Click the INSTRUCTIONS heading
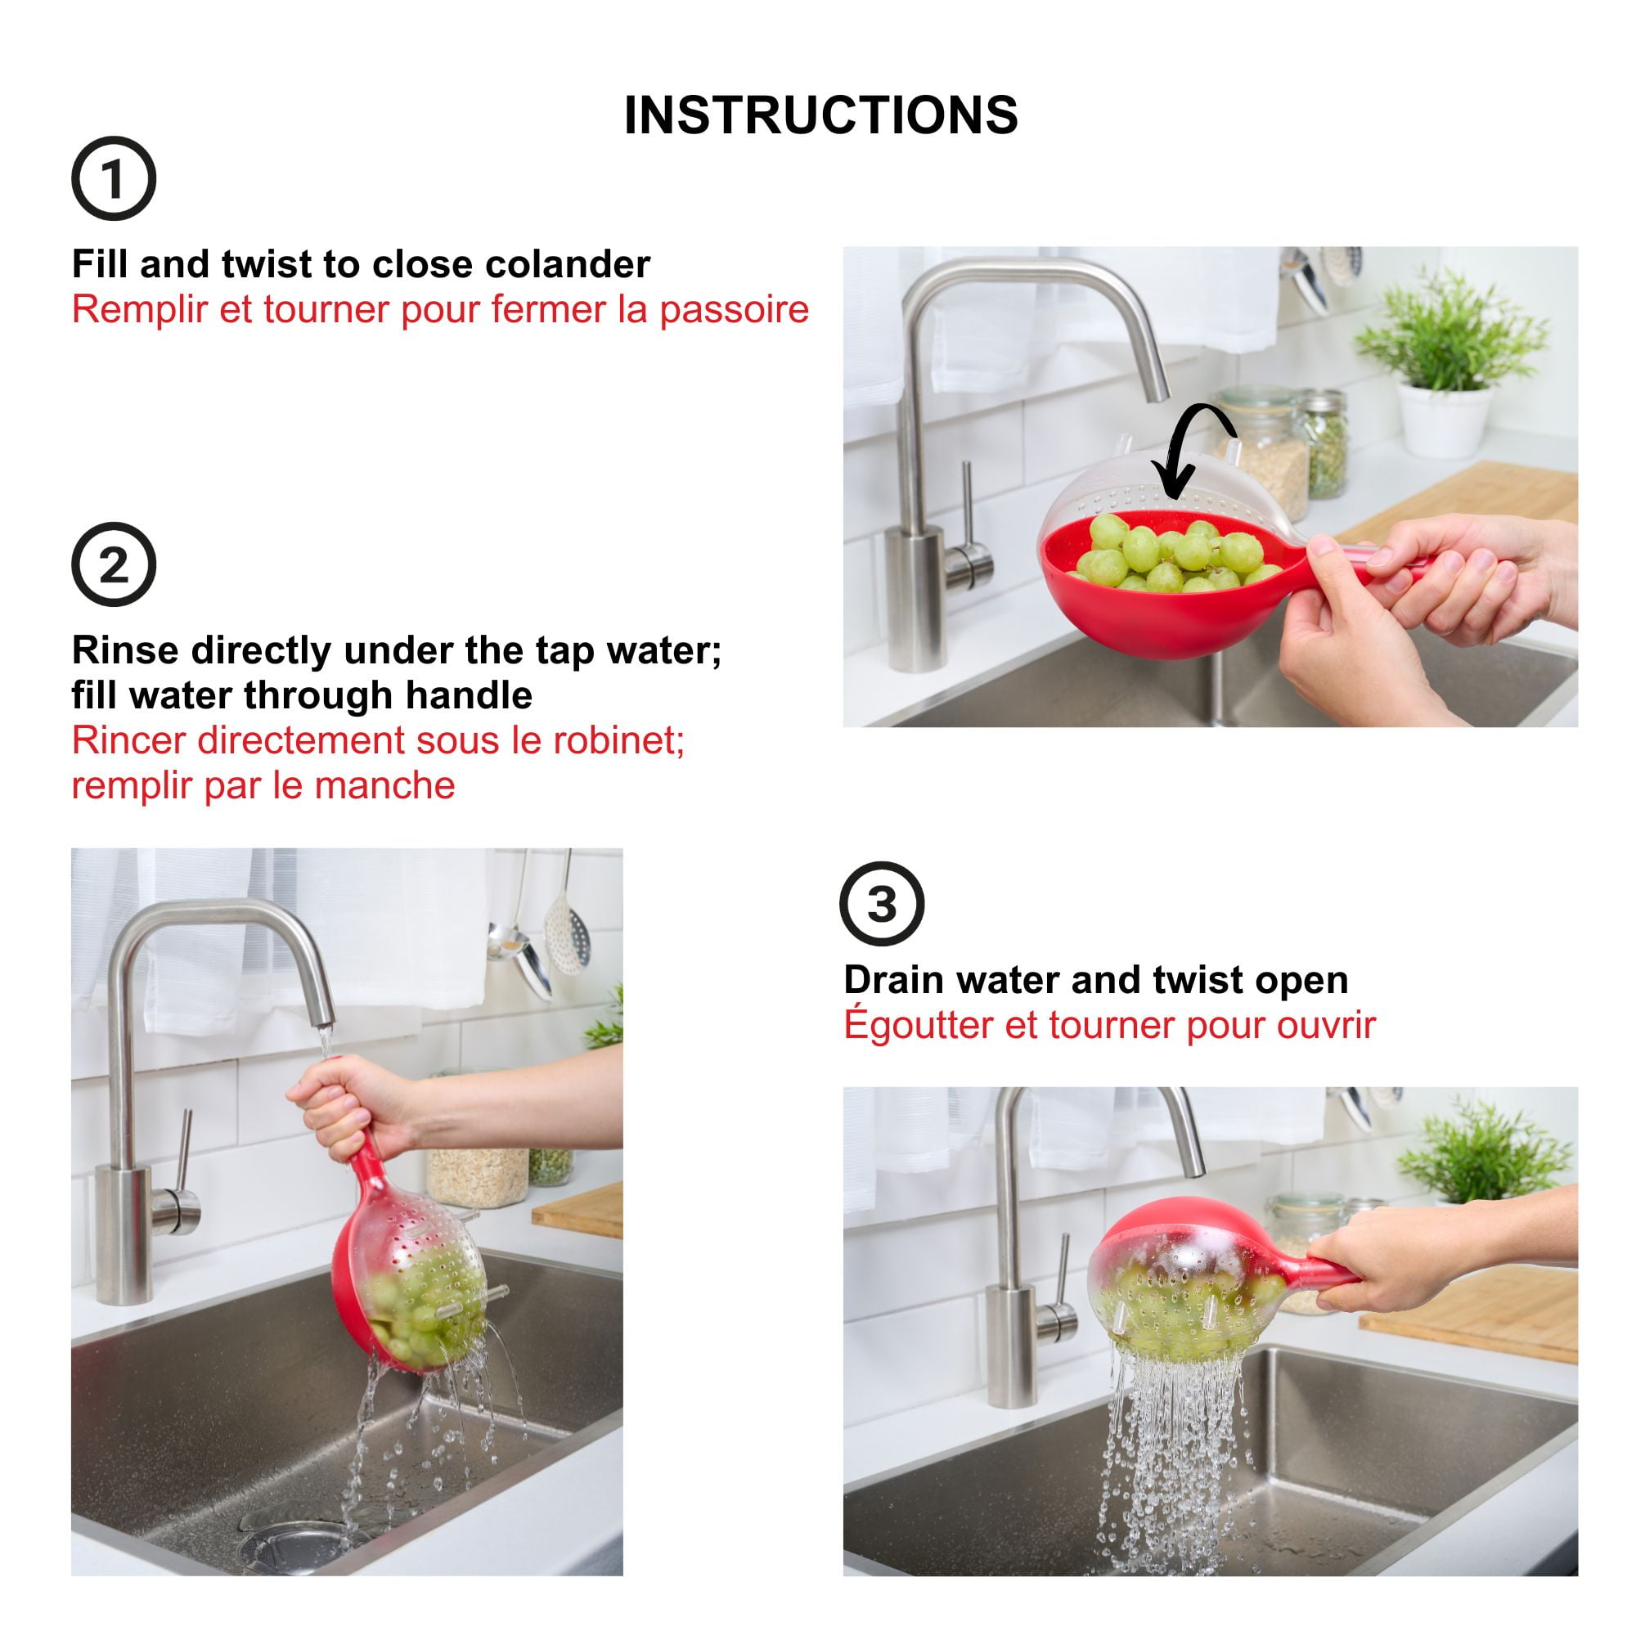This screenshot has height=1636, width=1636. click(820, 115)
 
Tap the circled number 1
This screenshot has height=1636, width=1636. click(114, 178)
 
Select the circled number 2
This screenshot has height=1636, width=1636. click(114, 564)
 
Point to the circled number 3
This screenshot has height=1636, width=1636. click(882, 905)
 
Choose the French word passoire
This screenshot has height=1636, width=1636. click(735, 310)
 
